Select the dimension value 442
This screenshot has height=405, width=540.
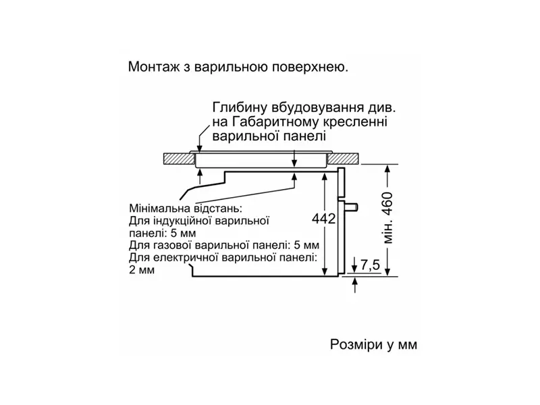point(325,219)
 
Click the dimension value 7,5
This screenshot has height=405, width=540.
point(371,265)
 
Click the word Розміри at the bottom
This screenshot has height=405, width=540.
point(354,345)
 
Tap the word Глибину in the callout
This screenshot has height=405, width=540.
point(238,108)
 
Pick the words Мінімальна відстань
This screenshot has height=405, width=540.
point(184,208)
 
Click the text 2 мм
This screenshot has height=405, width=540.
point(140,270)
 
